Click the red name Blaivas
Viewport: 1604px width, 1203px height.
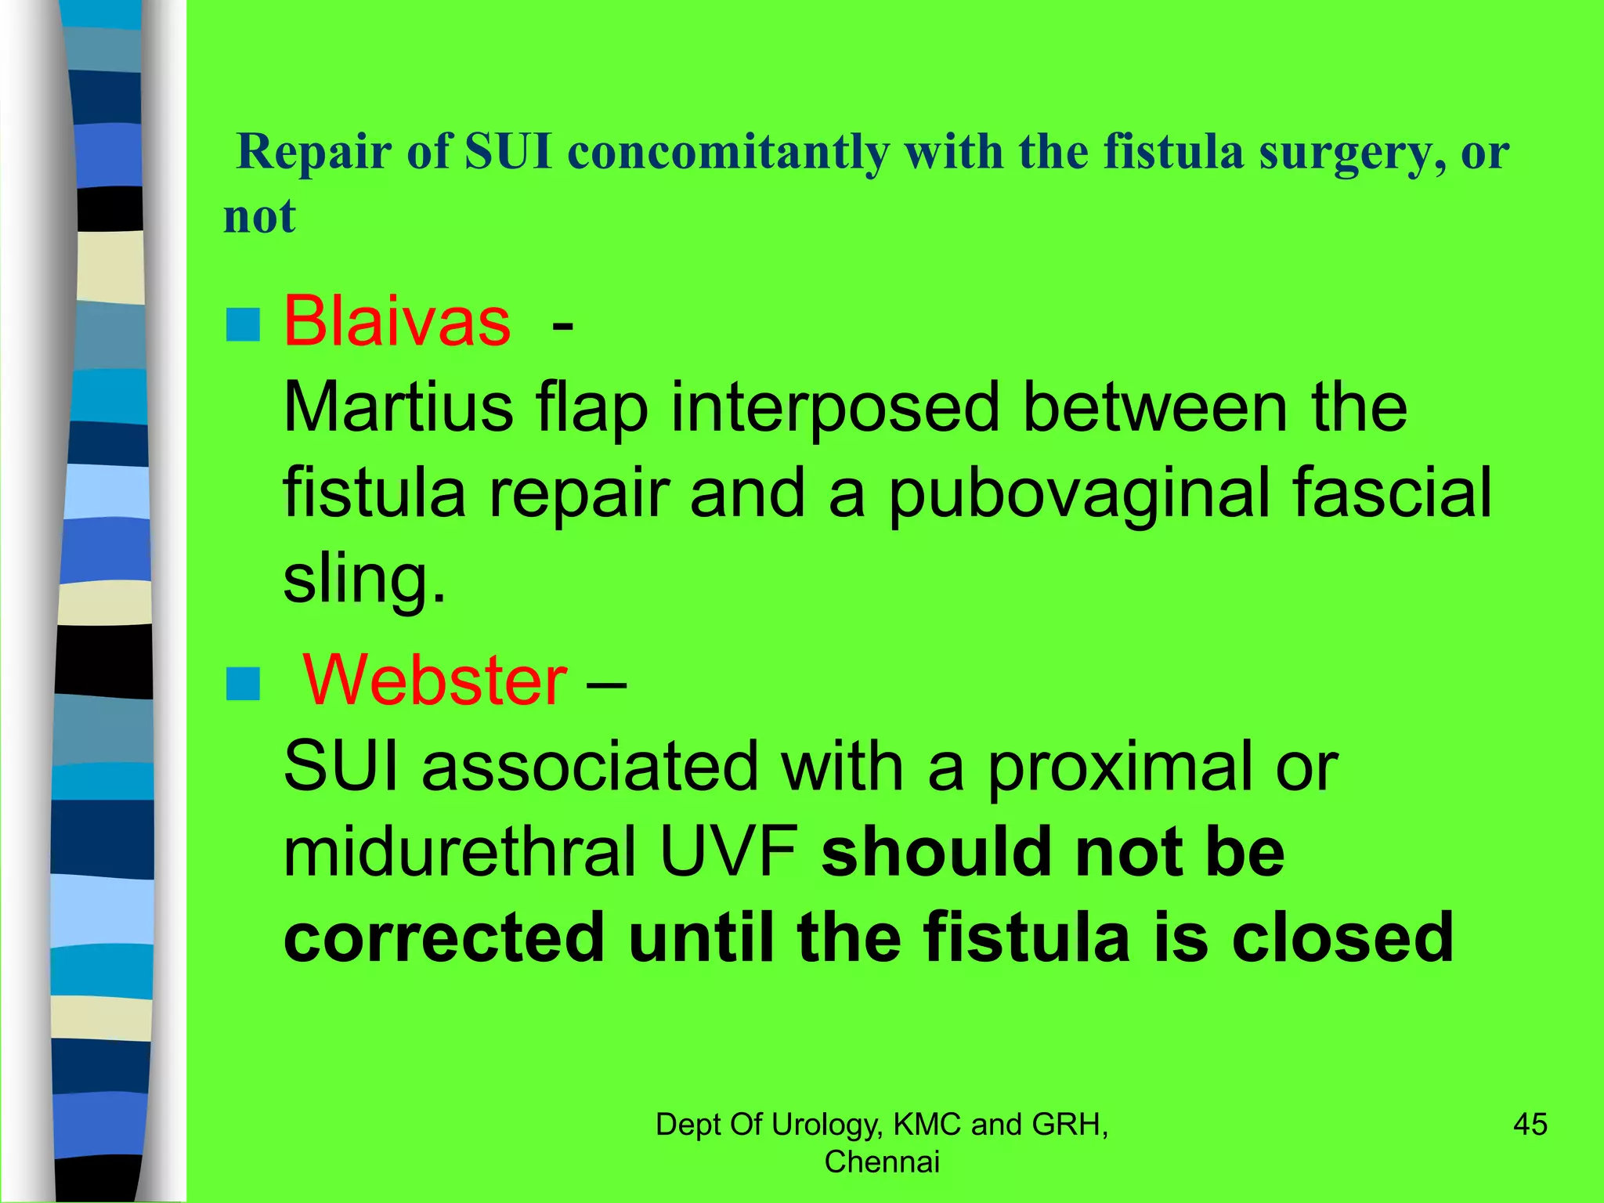(397, 322)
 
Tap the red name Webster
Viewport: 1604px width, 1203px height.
(435, 680)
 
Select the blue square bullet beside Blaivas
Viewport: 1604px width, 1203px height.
(243, 324)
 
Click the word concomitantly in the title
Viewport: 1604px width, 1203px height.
(728, 152)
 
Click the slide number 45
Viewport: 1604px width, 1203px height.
(1530, 1125)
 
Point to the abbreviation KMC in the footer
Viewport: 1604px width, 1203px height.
(927, 1125)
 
